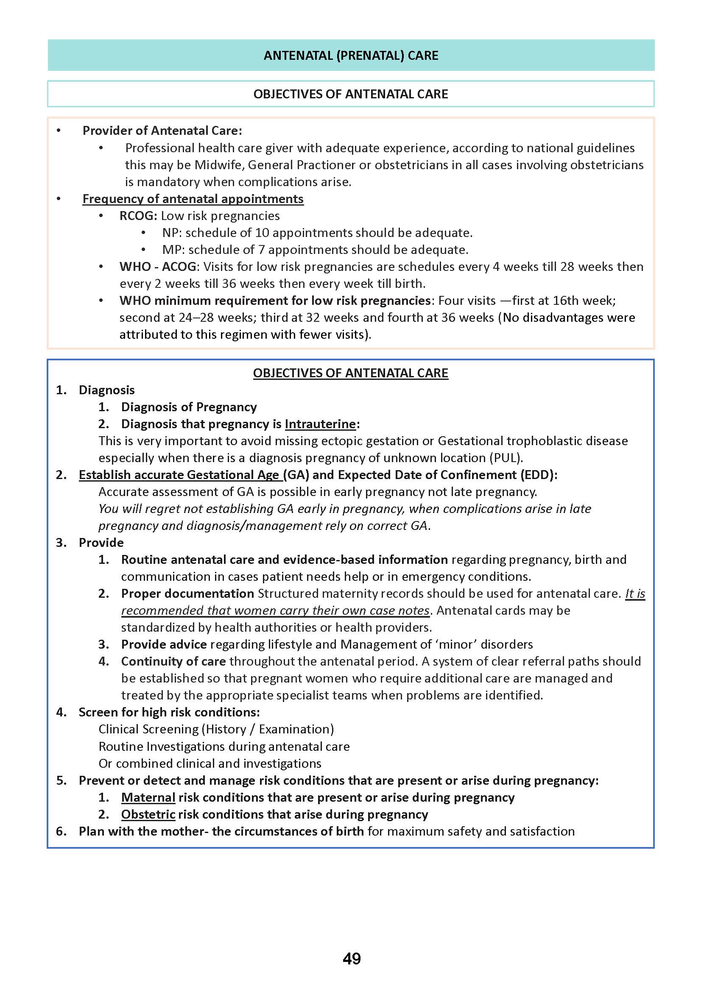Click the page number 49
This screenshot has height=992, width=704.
352,958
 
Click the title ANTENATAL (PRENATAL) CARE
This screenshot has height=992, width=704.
351,56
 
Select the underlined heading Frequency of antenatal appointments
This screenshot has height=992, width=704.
193,199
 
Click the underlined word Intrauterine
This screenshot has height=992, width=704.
320,424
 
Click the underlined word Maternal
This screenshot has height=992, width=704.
148,797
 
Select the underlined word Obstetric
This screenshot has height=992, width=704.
148,814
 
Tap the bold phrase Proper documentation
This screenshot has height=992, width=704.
187,594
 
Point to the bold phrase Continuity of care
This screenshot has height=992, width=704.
173,661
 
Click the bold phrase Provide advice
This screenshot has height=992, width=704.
164,644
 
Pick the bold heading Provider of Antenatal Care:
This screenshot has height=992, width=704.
162,131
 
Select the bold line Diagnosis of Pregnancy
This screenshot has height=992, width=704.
189,407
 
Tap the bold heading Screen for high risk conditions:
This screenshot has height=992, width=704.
169,713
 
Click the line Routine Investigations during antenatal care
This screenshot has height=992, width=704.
223,747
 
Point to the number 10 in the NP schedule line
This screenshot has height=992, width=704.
262,233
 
